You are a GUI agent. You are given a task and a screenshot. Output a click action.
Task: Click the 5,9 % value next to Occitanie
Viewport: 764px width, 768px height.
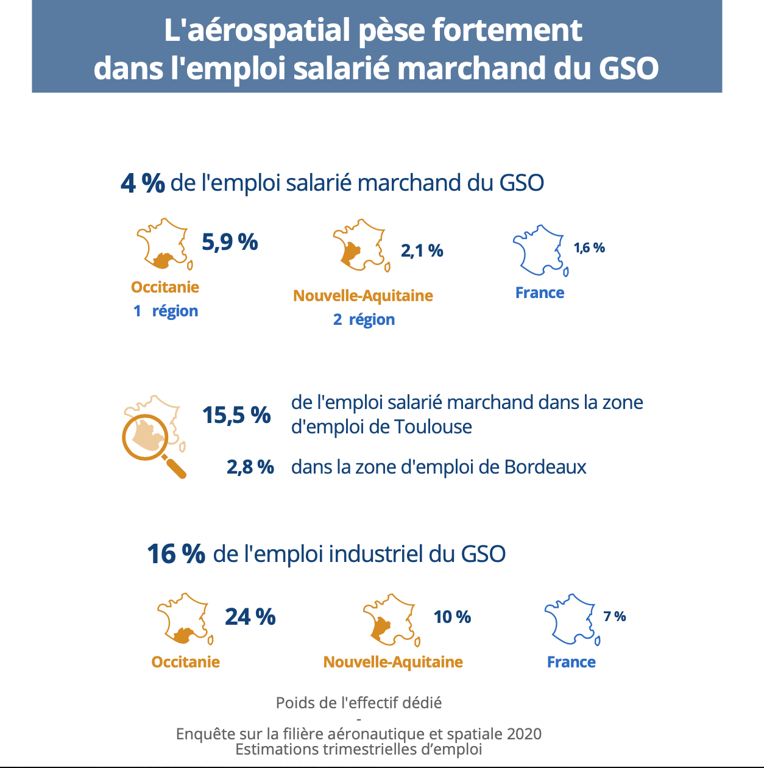pyautogui.click(x=230, y=242)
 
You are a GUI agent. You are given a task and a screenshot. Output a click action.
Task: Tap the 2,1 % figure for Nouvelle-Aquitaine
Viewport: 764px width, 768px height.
pyautogui.click(x=422, y=251)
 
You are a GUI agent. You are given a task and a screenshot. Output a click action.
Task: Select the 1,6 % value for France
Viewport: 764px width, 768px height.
pyautogui.click(x=589, y=248)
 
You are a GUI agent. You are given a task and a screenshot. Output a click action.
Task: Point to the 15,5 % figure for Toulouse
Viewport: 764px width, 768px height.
pyautogui.click(x=236, y=415)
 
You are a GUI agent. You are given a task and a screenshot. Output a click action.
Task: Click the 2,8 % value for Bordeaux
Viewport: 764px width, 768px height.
pyautogui.click(x=250, y=467)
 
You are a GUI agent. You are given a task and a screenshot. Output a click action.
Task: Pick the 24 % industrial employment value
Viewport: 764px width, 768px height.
pyautogui.click(x=250, y=617)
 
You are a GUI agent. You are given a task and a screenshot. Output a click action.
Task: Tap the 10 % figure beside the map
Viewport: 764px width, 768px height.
pyautogui.click(x=452, y=617)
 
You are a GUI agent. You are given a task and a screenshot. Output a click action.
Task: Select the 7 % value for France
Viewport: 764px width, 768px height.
pyautogui.click(x=615, y=616)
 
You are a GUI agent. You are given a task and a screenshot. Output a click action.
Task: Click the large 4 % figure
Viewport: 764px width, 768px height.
pyautogui.click(x=143, y=183)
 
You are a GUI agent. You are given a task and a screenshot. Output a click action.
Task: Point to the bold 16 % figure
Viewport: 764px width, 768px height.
pyautogui.click(x=176, y=553)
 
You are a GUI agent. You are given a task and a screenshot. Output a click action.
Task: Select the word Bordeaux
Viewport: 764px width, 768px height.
pyautogui.click(x=545, y=467)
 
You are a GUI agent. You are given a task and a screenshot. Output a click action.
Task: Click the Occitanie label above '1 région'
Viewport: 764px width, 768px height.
pyautogui.click(x=165, y=287)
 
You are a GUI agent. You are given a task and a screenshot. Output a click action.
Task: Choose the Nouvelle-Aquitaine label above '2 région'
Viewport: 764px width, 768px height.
pyautogui.click(x=363, y=296)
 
